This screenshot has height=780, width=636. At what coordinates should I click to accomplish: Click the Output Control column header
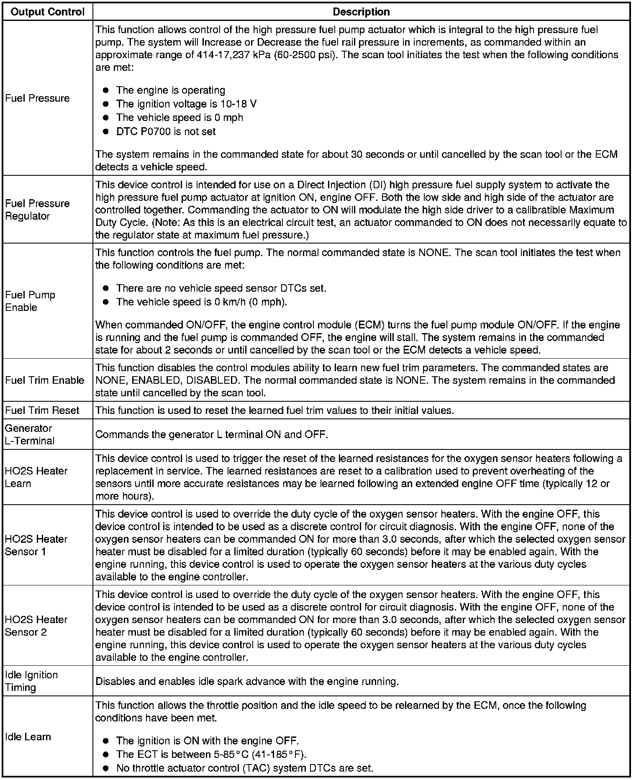point(48,12)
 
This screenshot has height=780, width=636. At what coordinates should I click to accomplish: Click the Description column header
point(361,12)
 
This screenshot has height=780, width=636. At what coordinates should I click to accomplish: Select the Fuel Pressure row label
point(37,98)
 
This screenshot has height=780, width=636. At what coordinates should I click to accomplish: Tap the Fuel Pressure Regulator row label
point(37,210)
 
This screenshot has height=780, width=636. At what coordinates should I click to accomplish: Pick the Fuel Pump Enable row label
point(30,301)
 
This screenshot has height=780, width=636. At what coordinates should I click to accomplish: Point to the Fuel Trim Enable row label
point(45,380)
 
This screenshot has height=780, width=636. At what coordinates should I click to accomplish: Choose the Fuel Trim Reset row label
point(42,411)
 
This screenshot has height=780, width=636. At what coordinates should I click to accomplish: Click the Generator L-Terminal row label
point(30,434)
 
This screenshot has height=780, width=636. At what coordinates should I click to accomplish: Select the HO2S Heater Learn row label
point(36,477)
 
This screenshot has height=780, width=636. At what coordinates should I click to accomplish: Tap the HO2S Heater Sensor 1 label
point(36,545)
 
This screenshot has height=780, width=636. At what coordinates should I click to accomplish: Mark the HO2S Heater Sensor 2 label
point(36,626)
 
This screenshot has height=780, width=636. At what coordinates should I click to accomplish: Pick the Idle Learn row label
point(28,736)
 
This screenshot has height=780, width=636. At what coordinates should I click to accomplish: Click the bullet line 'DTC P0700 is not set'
point(166,132)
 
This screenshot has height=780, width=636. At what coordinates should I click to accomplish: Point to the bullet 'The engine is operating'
point(170,90)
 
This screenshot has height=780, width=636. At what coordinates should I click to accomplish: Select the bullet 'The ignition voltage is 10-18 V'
point(186,104)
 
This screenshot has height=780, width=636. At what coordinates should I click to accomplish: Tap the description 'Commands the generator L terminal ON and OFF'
point(211,434)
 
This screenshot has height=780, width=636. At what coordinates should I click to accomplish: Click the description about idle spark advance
point(247,681)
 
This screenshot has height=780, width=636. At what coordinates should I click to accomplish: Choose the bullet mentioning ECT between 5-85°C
point(211,754)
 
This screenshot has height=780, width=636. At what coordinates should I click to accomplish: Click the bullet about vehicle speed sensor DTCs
point(221,288)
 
